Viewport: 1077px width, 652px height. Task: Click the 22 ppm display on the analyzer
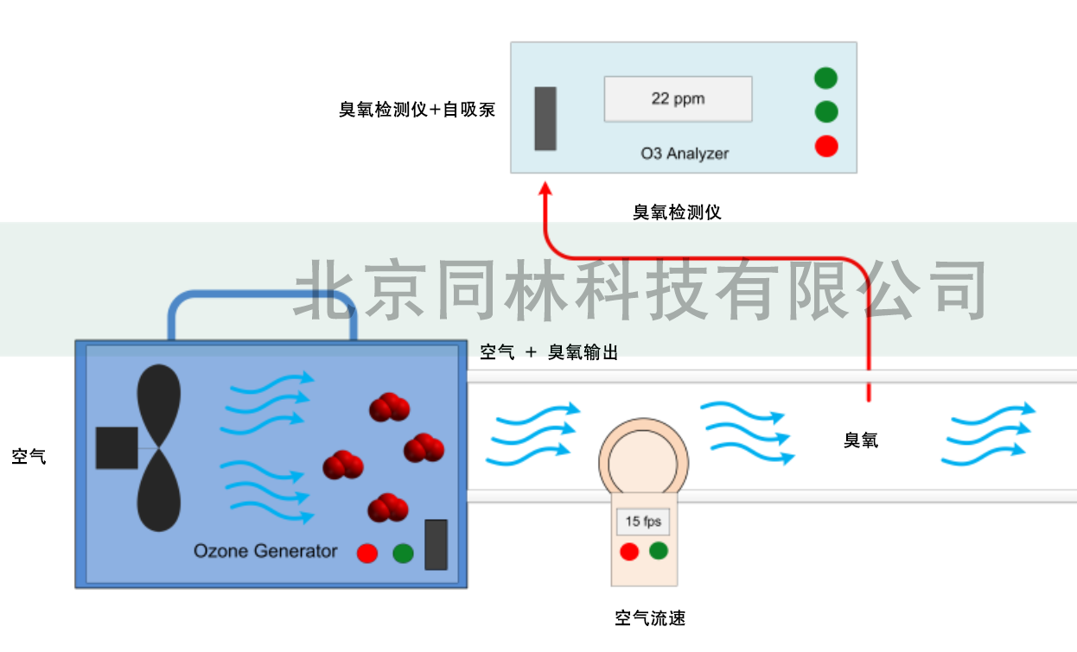coord(678,98)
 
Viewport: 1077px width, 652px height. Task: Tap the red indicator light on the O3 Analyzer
coord(826,146)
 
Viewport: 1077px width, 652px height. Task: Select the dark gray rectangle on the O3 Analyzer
coord(545,118)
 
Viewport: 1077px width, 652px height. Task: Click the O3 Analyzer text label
coord(685,154)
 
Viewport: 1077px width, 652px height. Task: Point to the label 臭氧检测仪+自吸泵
coord(417,110)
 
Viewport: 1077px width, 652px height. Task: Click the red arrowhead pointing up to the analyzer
coord(545,188)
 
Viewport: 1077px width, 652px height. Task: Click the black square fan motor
coord(117,447)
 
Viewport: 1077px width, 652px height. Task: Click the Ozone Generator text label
coord(265,551)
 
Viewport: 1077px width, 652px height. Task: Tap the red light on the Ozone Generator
coord(367,554)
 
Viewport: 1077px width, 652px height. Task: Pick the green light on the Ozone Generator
coord(403,554)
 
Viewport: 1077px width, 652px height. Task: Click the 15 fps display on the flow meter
coord(643,522)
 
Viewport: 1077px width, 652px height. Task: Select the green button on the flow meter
coord(660,550)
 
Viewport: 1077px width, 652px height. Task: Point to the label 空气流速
coord(650,618)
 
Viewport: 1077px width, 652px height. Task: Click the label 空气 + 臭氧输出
coord(549,352)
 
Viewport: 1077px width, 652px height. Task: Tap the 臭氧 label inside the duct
coord(861,440)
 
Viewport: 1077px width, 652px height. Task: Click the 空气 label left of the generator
coord(29,457)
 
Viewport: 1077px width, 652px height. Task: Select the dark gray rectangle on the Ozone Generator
coord(437,545)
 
